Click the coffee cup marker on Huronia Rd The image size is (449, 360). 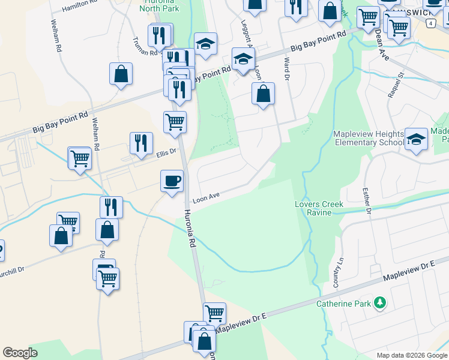172,181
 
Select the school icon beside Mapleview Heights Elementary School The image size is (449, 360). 416,140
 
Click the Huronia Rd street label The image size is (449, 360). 191,229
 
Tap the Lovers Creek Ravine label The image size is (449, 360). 319,208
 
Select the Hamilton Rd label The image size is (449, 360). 79,6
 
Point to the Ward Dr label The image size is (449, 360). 286,69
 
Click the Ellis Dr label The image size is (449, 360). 167,152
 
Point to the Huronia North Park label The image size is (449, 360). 159,5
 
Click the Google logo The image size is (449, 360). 20,353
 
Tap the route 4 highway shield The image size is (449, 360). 430,23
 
